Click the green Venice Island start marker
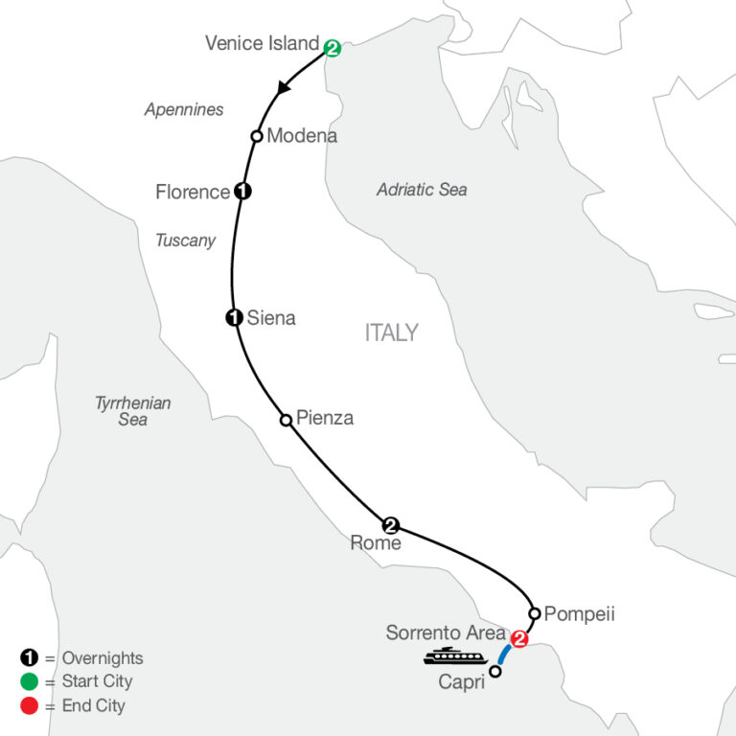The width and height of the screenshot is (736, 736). pyautogui.click(x=332, y=46)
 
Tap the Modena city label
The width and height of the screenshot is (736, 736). pyautogui.click(x=302, y=136)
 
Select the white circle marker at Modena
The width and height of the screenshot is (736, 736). pyautogui.click(x=257, y=136)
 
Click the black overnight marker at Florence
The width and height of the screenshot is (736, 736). pyautogui.click(x=242, y=191)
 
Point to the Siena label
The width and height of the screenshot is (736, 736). pyautogui.click(x=271, y=318)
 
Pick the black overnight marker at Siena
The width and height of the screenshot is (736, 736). pyautogui.click(x=233, y=318)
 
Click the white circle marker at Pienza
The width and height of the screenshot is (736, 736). pyautogui.click(x=285, y=419)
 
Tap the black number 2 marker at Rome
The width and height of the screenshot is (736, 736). pyautogui.click(x=390, y=524)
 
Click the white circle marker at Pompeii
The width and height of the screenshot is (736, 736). pyautogui.click(x=535, y=612)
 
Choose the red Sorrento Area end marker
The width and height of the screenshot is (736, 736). pyautogui.click(x=519, y=638)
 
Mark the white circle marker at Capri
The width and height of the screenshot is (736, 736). pyautogui.click(x=495, y=672)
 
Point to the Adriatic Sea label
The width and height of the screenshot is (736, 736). pyautogui.click(x=422, y=190)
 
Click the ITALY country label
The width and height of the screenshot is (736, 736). pyautogui.click(x=391, y=333)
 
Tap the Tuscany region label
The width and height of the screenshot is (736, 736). pyautogui.click(x=185, y=241)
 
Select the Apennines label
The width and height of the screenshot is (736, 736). pyautogui.click(x=184, y=109)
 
